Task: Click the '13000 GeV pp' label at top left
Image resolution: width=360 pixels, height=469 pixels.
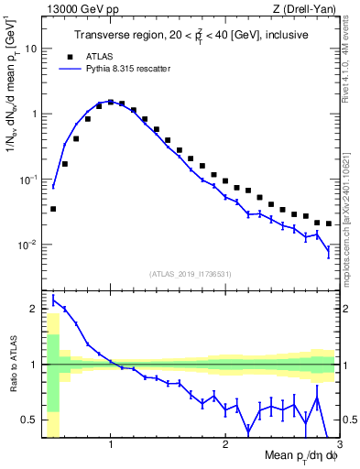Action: [79, 8]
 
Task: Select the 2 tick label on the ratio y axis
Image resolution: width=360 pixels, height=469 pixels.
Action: [34, 309]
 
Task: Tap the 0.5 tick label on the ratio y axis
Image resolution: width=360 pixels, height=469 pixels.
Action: [30, 420]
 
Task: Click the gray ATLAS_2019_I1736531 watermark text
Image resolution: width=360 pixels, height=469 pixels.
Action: [190, 274]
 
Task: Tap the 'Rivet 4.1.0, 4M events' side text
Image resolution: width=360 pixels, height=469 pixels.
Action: [351, 64]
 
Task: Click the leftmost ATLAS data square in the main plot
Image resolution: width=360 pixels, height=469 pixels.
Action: [53, 209]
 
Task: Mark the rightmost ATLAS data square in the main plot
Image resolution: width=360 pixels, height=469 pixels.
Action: [328, 224]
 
